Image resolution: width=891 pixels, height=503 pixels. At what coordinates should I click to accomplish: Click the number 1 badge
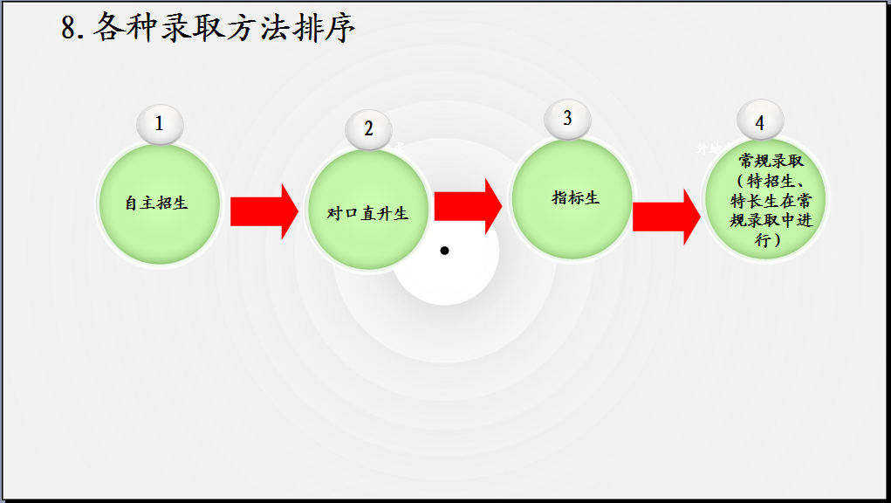click(159, 124)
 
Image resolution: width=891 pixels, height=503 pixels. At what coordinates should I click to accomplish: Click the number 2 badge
click(368, 129)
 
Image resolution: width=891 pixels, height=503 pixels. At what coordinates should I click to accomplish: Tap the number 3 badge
click(567, 118)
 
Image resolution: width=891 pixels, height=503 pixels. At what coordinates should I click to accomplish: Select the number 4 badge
click(759, 123)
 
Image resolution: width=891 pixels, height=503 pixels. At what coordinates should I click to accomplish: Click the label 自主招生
click(157, 203)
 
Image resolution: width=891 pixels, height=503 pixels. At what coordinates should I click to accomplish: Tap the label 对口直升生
click(367, 213)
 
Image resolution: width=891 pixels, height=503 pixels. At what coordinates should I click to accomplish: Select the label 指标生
click(576, 197)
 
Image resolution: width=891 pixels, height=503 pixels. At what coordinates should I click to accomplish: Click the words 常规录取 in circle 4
click(771, 162)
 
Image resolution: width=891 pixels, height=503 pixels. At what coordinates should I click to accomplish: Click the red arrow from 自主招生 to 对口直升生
click(264, 211)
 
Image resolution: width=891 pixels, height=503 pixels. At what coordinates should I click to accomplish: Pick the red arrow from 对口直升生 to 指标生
click(468, 206)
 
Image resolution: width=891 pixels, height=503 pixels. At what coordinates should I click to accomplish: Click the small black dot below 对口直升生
click(444, 251)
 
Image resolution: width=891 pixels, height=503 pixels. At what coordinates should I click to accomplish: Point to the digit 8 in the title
click(70, 29)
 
